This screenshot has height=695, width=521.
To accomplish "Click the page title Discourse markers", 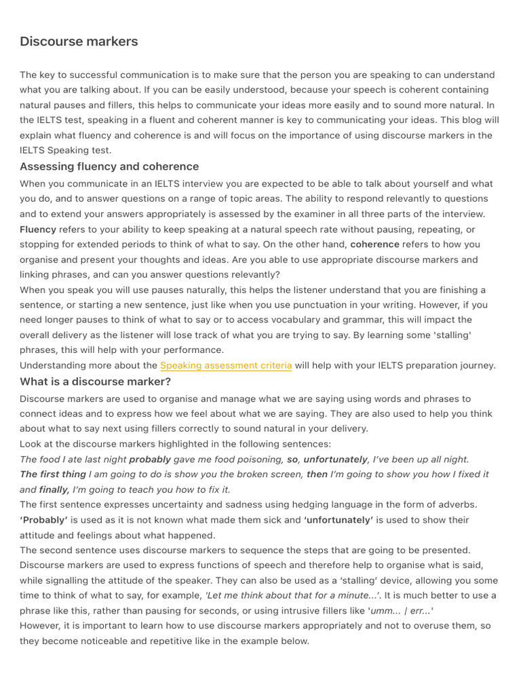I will (79, 41).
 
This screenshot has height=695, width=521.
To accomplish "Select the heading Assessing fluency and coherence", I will (109, 166).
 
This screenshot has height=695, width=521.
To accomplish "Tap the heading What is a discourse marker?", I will (95, 381).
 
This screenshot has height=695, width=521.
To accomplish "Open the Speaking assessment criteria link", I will (226, 365).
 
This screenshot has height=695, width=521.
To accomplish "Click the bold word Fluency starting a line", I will (38, 229).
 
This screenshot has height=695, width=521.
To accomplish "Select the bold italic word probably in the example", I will (150, 459).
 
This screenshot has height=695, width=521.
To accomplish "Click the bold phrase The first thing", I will (53, 474).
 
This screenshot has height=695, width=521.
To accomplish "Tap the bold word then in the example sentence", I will (317, 474).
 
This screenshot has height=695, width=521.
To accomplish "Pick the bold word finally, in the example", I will (54, 489).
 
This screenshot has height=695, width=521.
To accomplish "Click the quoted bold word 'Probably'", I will (43, 520).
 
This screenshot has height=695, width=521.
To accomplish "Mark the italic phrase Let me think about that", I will (258, 595).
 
